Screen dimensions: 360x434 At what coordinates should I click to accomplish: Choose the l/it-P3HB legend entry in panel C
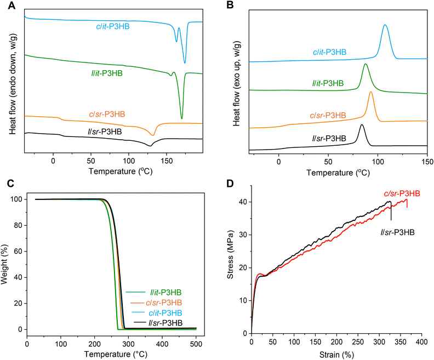(x=164, y=293)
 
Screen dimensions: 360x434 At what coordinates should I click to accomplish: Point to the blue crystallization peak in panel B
(x=385, y=25)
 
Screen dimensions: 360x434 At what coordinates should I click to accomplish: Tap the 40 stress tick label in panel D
(x=242, y=202)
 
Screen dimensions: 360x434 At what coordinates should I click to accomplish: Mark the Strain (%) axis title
(x=336, y=353)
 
